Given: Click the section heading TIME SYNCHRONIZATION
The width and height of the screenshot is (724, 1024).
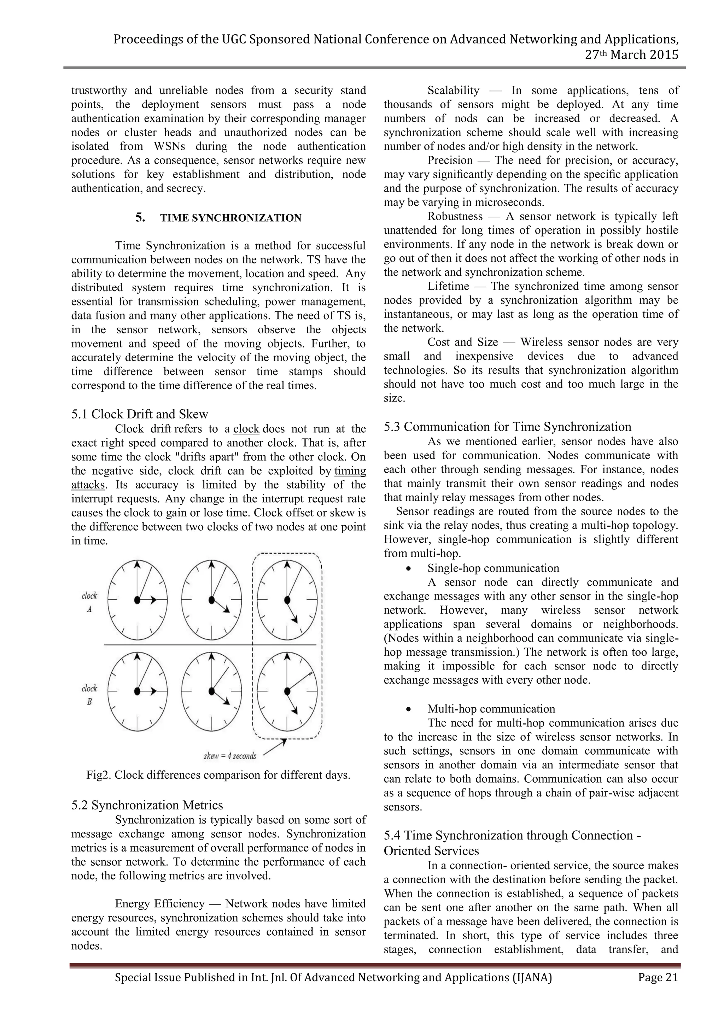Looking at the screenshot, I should point(230,218).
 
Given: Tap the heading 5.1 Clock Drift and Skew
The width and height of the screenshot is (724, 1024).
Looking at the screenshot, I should point(140,414).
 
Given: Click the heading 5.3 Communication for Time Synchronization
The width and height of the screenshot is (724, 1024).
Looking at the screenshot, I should point(507,427).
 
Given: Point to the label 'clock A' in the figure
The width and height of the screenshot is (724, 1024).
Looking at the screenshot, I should point(89,602).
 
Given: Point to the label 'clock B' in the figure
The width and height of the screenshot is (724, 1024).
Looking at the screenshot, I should point(89,695).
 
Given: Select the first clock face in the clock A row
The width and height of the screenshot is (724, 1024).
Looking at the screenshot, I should point(138,600).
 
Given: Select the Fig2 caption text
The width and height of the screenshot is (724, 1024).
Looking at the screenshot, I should point(218,775).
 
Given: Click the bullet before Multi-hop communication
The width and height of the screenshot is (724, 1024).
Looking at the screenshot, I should point(408,709).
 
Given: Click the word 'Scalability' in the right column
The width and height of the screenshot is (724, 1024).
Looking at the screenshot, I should point(453,90).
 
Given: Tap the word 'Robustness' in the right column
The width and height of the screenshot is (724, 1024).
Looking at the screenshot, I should point(455,216).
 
